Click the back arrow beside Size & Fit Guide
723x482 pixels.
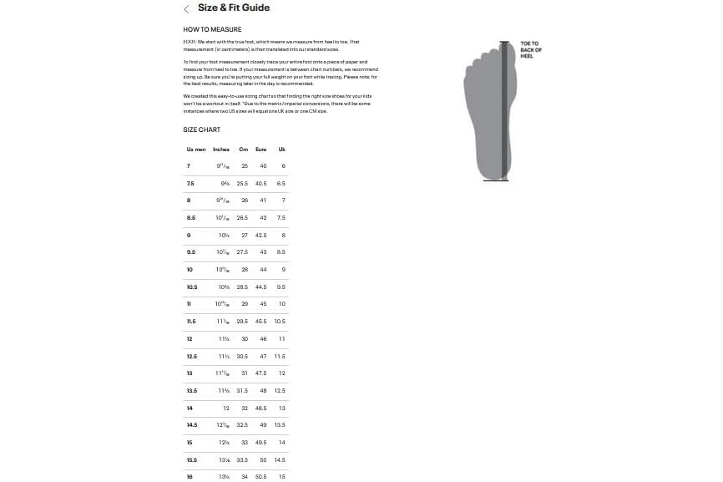(186, 9)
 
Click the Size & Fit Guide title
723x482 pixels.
(233, 8)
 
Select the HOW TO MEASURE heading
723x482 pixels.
(212, 29)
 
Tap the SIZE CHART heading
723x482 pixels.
(202, 130)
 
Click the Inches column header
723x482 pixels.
(221, 150)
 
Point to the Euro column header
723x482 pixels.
(260, 150)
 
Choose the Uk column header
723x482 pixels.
(281, 150)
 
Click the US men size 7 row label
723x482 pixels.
(189, 166)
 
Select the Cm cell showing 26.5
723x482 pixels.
(243, 218)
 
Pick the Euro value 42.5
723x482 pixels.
(260, 236)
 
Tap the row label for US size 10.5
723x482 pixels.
(192, 287)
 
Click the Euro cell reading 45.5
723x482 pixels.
(260, 322)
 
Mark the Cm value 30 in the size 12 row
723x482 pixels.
(245, 339)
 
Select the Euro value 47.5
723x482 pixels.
(260, 373)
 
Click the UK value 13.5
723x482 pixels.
(281, 425)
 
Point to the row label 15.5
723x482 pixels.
(192, 460)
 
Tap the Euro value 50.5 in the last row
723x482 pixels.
(260, 477)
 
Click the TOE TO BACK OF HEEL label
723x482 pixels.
(531, 50)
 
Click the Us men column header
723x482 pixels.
(196, 150)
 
